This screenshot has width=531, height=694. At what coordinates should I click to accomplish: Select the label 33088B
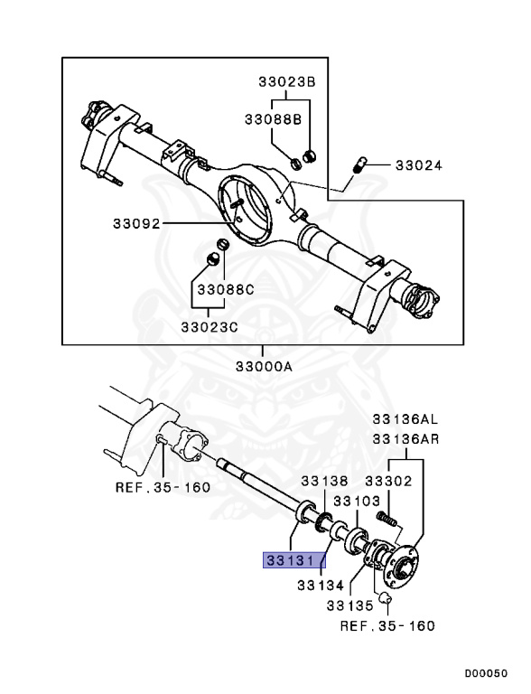coord(275,118)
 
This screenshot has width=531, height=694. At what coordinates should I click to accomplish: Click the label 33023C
coord(209,326)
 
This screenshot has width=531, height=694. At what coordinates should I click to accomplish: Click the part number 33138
coord(324,483)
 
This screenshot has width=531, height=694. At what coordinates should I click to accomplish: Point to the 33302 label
coord(388,483)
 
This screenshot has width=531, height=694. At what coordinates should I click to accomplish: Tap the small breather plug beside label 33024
coord(359,165)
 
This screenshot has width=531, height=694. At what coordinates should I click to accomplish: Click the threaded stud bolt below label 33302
coord(387,520)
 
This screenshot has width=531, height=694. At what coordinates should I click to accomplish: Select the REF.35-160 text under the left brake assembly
coord(163,487)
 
